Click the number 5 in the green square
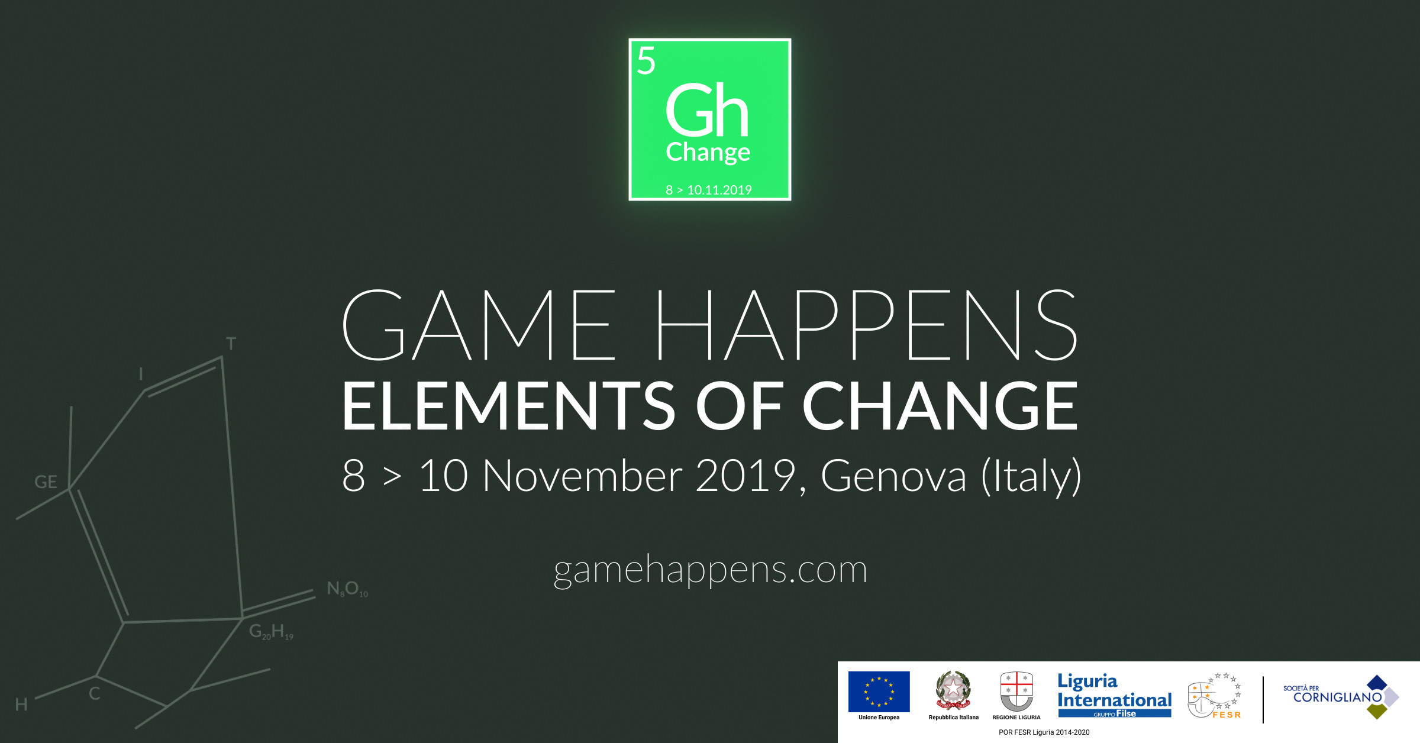(x=646, y=61)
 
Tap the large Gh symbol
(x=708, y=109)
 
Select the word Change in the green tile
(x=708, y=153)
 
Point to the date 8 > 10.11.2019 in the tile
(x=709, y=190)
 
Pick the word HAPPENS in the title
(x=867, y=325)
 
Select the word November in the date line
(x=583, y=476)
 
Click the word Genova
(x=893, y=476)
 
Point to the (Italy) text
(x=1031, y=477)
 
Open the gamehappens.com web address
(x=711, y=571)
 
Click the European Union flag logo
(x=879, y=692)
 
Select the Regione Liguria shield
(x=1016, y=691)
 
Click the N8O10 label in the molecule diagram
(x=347, y=589)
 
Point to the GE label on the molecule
(x=46, y=482)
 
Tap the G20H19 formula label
(x=271, y=632)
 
